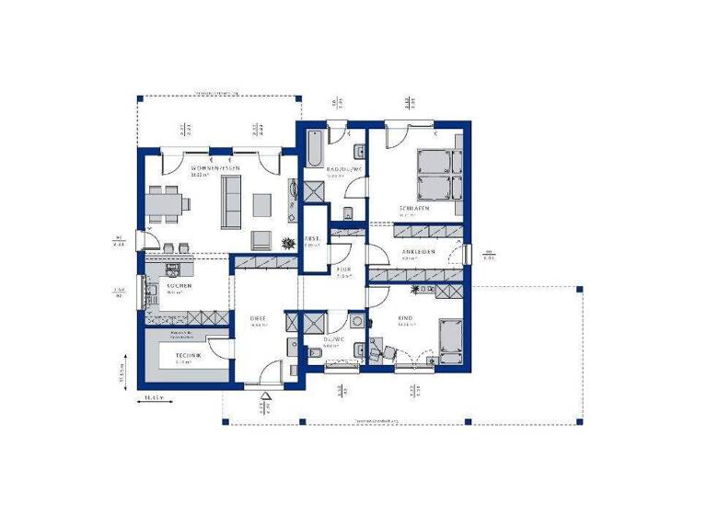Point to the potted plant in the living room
(287, 243)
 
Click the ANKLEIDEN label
(416, 251)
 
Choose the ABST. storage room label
(313, 236)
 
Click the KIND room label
(405, 318)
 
